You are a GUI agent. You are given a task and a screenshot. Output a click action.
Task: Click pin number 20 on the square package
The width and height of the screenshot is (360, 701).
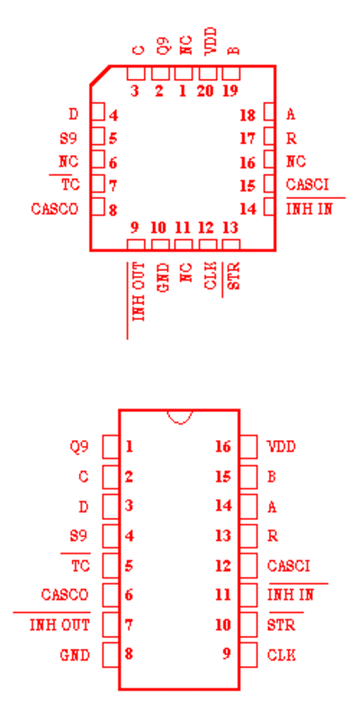[206, 91]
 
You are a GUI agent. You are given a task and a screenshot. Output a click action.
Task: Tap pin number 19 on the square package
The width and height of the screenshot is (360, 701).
[230, 91]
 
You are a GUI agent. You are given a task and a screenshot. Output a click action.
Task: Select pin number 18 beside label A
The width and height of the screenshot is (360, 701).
[247, 115]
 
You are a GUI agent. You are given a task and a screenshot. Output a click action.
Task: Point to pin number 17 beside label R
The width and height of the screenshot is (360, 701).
[247, 139]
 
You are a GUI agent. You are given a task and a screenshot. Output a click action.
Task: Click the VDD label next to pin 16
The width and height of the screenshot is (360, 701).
[282, 446]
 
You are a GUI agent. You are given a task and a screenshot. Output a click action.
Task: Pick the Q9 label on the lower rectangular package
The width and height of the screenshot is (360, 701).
[78, 446]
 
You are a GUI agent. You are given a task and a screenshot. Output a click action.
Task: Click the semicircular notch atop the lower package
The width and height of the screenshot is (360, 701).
[180, 417]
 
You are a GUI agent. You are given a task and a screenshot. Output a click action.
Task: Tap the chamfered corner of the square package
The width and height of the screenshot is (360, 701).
[100, 75]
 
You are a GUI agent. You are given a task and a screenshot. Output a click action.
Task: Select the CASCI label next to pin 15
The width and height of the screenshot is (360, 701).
[307, 184]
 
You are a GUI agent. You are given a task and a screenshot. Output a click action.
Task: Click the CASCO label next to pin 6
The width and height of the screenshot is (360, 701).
[65, 595]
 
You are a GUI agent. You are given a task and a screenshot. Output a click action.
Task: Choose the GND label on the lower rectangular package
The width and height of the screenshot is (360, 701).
[75, 655]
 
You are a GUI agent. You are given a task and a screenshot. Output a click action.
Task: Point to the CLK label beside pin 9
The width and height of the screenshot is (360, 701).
[282, 655]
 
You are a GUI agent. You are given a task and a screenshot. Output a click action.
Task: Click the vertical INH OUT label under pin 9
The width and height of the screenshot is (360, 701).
[139, 292]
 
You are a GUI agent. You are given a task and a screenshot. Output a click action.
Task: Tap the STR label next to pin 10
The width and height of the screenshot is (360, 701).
[282, 625]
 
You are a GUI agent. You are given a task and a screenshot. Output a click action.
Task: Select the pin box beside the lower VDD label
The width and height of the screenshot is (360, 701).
[248, 446]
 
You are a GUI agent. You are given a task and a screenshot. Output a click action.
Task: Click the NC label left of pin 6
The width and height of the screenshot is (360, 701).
[68, 161]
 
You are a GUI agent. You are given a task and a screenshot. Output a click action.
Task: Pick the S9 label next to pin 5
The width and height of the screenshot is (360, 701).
[68, 139]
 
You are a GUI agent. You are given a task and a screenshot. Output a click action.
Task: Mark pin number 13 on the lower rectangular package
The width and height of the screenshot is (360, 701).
[222, 535]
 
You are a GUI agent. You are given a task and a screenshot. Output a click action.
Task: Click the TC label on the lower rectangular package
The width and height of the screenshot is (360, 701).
[80, 566]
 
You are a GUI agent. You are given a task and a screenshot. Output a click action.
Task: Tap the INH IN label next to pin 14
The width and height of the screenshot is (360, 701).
[309, 209]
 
